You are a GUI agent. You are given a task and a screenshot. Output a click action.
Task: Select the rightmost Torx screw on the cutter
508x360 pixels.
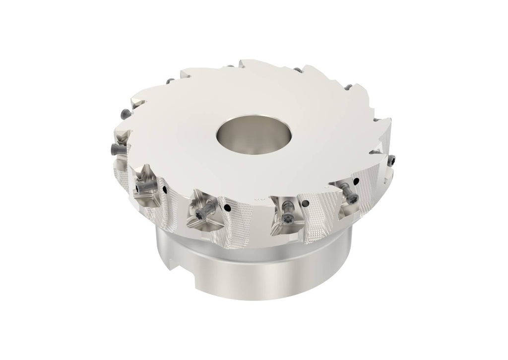pyautogui.click(x=392, y=160)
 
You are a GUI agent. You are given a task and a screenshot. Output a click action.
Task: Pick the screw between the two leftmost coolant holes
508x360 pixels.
pyautogui.click(x=200, y=214)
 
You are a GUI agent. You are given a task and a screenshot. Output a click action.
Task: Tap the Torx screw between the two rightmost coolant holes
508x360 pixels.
pyautogui.click(x=351, y=198)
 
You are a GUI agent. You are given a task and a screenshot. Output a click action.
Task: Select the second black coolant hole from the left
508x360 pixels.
pyautogui.click(x=227, y=208)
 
